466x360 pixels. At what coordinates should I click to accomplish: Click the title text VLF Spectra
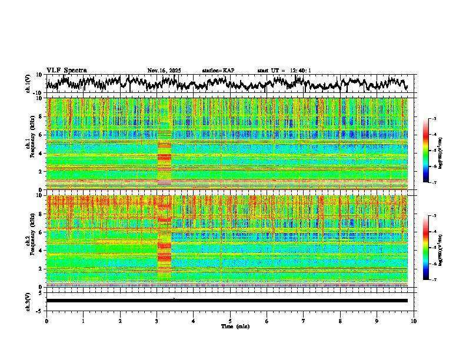click(66, 71)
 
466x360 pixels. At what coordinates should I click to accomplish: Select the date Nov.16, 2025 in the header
click(164, 71)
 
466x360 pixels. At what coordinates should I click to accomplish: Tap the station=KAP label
click(218, 71)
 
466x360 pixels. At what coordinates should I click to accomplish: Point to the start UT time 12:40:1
click(292, 71)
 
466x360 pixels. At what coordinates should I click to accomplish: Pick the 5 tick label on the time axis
click(230, 321)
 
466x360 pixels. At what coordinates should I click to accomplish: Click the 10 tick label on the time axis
click(414, 321)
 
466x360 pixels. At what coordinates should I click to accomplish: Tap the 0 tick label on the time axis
click(46, 321)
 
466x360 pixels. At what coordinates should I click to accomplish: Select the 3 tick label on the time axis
click(157, 321)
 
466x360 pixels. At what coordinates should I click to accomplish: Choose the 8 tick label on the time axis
click(340, 321)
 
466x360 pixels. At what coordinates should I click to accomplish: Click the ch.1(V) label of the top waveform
click(28, 84)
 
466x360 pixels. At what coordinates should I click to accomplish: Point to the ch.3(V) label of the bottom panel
click(28, 301)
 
